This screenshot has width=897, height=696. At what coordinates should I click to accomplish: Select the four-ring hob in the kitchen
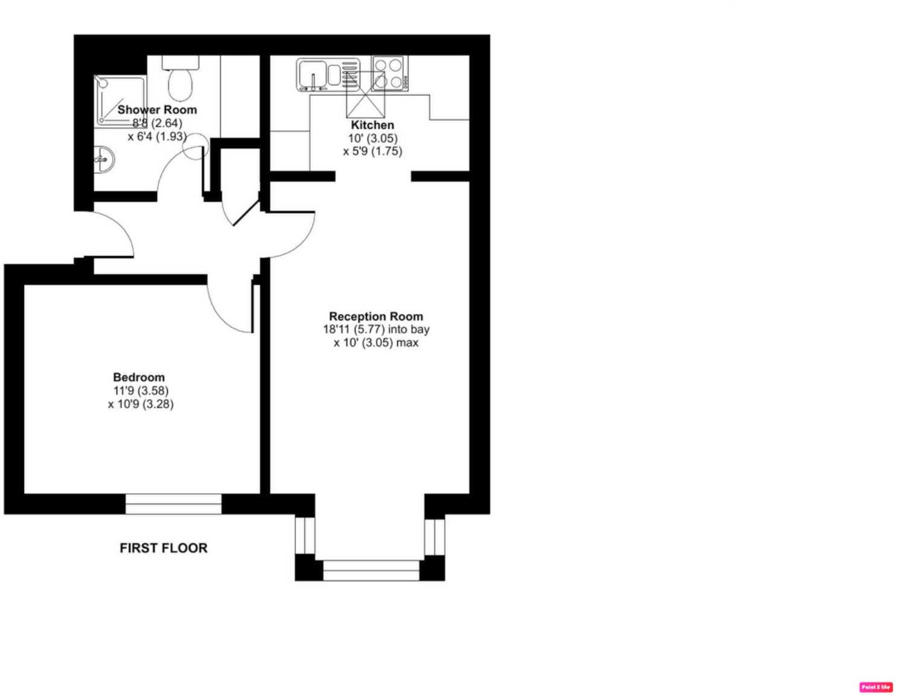pyautogui.click(x=389, y=73)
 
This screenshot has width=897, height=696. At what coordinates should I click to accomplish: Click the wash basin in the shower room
pyautogui.click(x=104, y=160)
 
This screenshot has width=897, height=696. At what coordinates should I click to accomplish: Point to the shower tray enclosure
pyautogui.click(x=120, y=100)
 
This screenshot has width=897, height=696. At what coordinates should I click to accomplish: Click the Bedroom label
pyautogui.click(x=139, y=377)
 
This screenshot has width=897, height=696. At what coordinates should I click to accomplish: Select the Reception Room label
pyautogui.click(x=375, y=316)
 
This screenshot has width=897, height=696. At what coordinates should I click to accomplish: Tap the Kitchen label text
pyautogui.click(x=372, y=125)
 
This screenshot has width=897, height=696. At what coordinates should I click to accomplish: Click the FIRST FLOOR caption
pyautogui.click(x=164, y=548)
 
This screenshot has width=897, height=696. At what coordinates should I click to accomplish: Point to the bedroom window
pyautogui.click(x=173, y=504)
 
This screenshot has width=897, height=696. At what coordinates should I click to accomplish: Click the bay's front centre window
pyautogui.click(x=371, y=570)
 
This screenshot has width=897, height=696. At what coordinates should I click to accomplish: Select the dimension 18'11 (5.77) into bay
pyautogui.click(x=376, y=330)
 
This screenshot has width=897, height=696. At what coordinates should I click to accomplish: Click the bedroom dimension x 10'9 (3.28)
pyautogui.click(x=141, y=404)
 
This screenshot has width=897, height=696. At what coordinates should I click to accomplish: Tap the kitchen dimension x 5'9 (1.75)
pyautogui.click(x=372, y=152)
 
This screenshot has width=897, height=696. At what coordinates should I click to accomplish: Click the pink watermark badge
pyautogui.click(x=875, y=687)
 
